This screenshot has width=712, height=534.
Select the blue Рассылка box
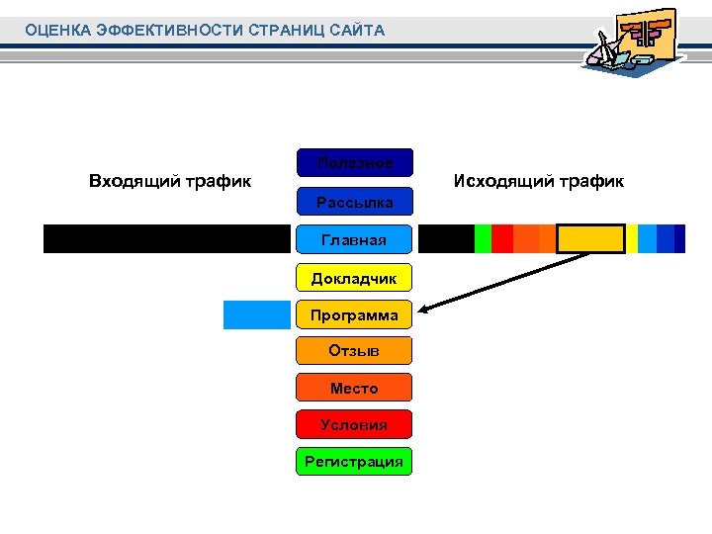point(354,202)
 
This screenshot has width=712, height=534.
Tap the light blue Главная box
point(354,239)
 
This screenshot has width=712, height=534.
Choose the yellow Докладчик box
point(354,277)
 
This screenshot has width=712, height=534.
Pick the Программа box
point(354,314)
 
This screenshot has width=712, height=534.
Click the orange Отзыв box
point(354,350)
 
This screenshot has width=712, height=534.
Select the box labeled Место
point(354,388)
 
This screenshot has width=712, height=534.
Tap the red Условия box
point(354,424)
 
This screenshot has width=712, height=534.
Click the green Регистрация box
point(354,461)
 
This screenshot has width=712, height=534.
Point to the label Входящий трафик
point(169,181)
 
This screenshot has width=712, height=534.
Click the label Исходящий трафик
point(538,181)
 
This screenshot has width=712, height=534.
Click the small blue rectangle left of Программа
point(256,313)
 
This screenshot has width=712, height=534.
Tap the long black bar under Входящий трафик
point(168,239)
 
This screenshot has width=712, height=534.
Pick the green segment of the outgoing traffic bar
point(483,239)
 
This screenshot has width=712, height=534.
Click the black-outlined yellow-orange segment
point(590,239)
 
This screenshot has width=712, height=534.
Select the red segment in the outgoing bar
point(501,239)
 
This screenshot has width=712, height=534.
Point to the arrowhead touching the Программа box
point(420,313)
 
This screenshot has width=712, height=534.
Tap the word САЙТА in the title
point(360,31)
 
